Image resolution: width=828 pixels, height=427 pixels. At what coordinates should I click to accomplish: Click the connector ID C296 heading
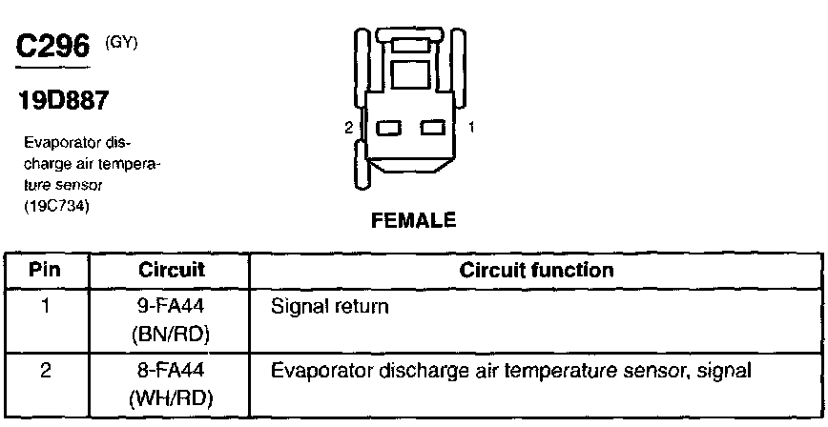52,47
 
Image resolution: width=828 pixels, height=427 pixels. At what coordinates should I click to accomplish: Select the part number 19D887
60,99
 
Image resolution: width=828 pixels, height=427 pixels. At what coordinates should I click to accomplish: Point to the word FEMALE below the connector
412,220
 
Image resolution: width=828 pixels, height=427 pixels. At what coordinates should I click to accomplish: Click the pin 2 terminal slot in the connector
388,126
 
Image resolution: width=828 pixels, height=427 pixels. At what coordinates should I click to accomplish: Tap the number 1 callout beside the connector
471,126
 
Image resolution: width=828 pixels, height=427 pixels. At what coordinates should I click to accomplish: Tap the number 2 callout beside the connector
349,126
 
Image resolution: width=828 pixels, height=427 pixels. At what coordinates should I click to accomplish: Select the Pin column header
45,270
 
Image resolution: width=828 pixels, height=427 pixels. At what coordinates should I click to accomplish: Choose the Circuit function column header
536,270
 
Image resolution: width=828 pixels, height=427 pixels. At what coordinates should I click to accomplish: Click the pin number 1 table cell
45,309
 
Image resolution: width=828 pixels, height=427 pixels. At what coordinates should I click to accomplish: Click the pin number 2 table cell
45,370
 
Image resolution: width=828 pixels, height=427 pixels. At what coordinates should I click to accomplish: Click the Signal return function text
331,309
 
